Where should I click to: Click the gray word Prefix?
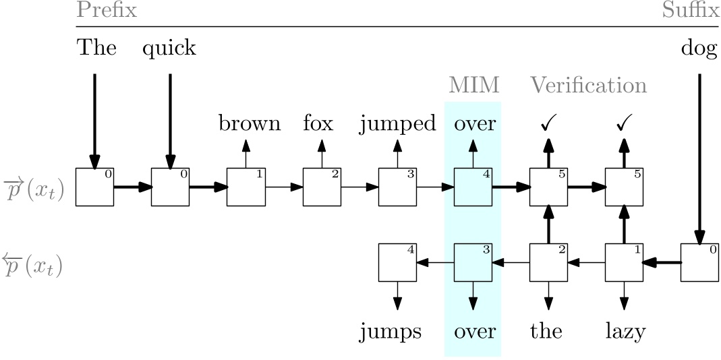pyautogui.click(x=106, y=10)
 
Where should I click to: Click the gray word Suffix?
pyautogui.click(x=690, y=10)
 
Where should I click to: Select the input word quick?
pyautogui.click(x=169, y=49)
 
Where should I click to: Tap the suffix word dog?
pyautogui.click(x=699, y=49)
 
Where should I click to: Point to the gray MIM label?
pyautogui.click(x=473, y=86)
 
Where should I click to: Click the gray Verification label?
pyautogui.click(x=588, y=86)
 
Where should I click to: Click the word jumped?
pyautogui.click(x=397, y=125)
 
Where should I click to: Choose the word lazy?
pyautogui.click(x=624, y=332)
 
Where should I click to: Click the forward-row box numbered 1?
pyautogui.click(x=246, y=187)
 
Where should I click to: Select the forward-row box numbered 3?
pyautogui.click(x=397, y=187)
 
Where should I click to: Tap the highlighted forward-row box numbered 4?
pyautogui.click(x=473, y=187)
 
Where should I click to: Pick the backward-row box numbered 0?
pyautogui.click(x=699, y=262)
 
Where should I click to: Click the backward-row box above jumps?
pyautogui.click(x=397, y=262)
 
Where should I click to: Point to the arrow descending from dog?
pyautogui.click(x=699, y=155)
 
